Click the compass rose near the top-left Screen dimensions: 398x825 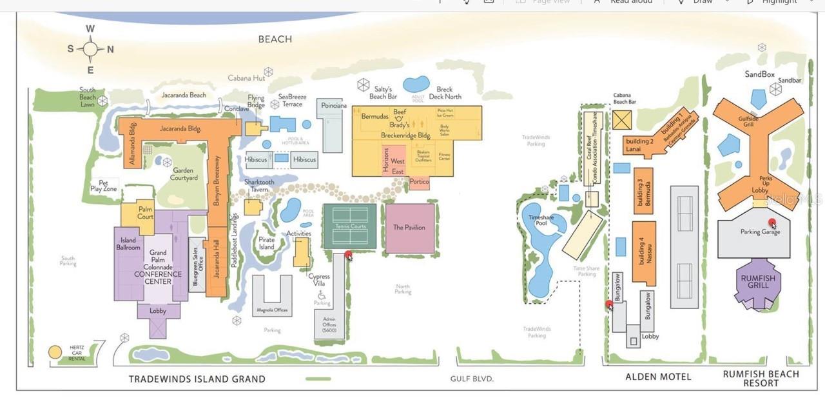click(90, 49)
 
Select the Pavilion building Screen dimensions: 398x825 click(409, 228)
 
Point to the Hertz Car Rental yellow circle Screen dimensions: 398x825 click(55, 352)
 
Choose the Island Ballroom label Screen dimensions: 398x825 click(128, 244)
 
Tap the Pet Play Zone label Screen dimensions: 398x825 click(104, 186)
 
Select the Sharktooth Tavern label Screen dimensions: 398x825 click(259, 186)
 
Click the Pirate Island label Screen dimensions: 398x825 click(266, 243)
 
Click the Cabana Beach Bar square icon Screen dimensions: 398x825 click(623, 120)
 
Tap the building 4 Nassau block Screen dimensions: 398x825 click(643, 253)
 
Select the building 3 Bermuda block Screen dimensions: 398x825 click(643, 191)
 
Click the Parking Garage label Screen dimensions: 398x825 click(760, 232)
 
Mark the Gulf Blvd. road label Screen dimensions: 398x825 click(472, 379)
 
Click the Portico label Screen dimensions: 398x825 click(419, 183)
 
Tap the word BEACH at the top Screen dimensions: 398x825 click(275, 39)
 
